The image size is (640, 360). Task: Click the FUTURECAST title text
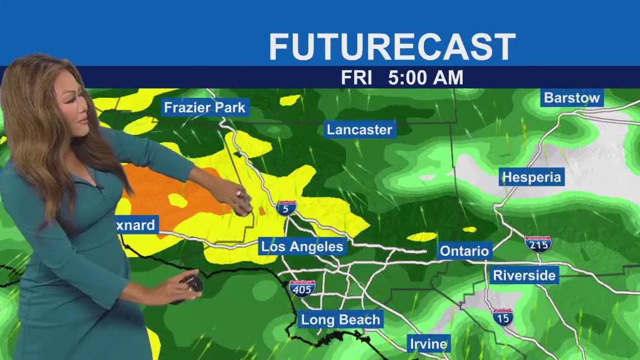click(392, 47)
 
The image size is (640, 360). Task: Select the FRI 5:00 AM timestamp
click(402, 78)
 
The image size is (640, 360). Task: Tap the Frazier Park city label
click(204, 107)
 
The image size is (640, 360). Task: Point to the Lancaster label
click(359, 130)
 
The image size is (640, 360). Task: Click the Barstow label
click(572, 98)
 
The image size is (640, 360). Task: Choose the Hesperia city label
click(532, 177)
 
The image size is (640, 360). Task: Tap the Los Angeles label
click(302, 246)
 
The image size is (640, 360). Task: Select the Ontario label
click(464, 251)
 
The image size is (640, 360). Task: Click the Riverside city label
click(524, 275)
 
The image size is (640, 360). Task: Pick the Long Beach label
click(340, 320)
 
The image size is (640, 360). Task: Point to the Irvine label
click(429, 344)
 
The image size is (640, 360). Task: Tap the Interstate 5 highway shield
click(286, 208)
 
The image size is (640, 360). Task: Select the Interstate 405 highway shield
click(302, 288)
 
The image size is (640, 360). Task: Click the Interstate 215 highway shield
click(538, 243)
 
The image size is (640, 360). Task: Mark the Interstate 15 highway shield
click(503, 317)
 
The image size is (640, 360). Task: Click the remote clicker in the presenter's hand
click(191, 287)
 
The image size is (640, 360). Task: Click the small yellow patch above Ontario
click(421, 237)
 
